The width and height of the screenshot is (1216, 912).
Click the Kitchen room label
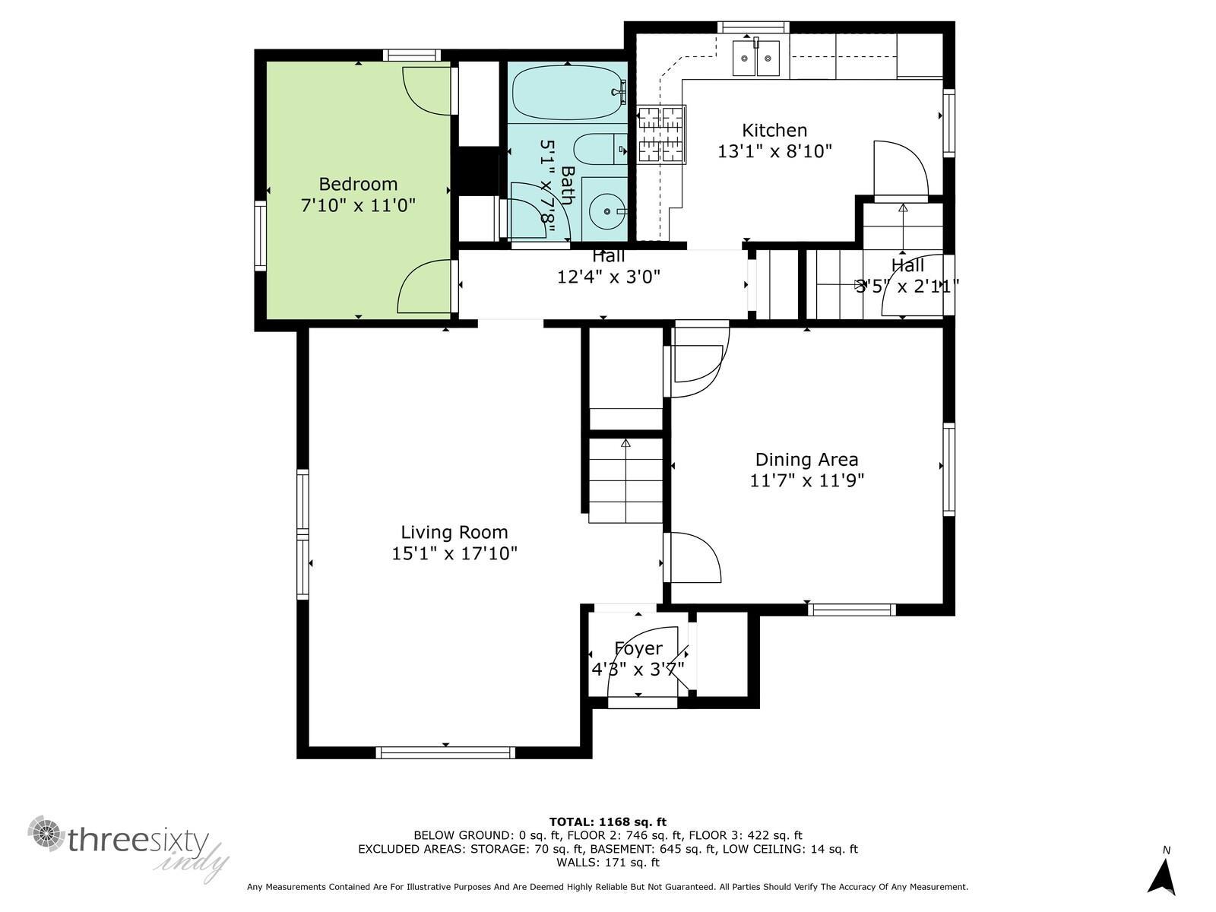coord(774,130)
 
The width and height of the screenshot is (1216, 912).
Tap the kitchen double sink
coord(756,59)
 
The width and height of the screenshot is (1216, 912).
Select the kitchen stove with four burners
coord(661,135)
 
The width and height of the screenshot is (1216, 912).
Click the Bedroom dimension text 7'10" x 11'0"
coord(358,205)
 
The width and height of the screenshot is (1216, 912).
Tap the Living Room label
coord(454,532)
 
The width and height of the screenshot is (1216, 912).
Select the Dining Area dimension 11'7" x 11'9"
coord(806,480)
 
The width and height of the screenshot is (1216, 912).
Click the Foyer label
coord(638,648)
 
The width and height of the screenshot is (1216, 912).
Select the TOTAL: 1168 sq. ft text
coord(607,822)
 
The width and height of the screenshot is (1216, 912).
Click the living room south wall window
coord(445,752)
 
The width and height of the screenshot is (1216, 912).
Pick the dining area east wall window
coord(948,467)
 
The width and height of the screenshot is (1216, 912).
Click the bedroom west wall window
coord(260,236)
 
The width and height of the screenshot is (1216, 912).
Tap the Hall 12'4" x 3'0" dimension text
coord(608,277)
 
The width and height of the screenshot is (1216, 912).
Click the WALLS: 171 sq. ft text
coord(607,863)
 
